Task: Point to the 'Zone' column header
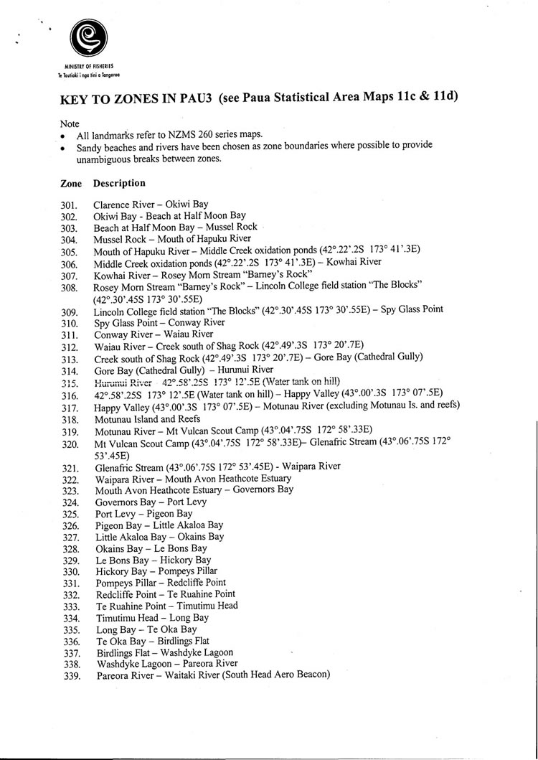tap(70, 183)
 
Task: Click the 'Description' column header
tap(118, 183)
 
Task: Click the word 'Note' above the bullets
tap(70, 123)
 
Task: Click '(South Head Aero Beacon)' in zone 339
tap(276, 675)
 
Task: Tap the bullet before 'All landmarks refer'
tap(63, 135)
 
